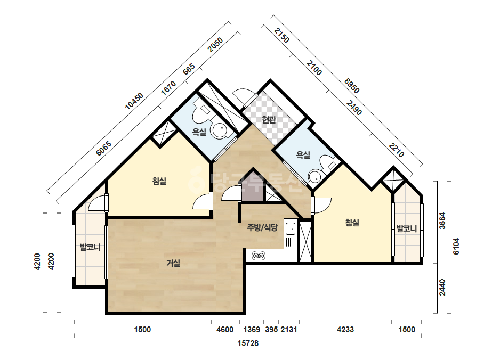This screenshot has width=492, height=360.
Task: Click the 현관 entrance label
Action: pos(269,119)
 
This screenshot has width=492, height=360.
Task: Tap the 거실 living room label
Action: pos(173,263)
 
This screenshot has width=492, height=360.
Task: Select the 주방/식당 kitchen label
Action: pos(262,227)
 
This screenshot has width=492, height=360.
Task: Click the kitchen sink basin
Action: pos(291,228)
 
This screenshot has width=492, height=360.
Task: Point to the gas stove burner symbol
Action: pos(259,256)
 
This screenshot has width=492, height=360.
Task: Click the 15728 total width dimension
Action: pos(248,343)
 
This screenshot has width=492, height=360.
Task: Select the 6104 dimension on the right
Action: pos(456,247)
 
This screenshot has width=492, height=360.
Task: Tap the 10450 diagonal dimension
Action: pos(134,101)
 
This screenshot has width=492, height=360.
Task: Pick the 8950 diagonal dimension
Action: pos(351,86)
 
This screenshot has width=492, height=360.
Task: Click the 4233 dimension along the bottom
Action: pos(345,330)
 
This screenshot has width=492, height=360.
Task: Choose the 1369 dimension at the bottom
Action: pos(252,330)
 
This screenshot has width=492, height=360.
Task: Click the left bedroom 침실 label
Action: pos(159,181)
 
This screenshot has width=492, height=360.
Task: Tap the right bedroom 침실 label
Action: pos(352,223)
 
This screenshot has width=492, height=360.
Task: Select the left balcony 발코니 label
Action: pos(90,247)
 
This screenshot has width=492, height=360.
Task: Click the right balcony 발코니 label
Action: pos(406,228)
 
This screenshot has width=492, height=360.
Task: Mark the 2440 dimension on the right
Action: pos(442,287)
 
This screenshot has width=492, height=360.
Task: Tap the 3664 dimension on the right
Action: pos(442,221)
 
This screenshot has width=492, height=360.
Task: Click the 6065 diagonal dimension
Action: pos(104,149)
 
